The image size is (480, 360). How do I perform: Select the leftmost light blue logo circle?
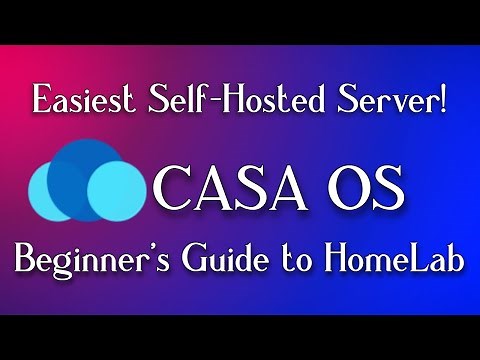(x=52, y=190)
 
